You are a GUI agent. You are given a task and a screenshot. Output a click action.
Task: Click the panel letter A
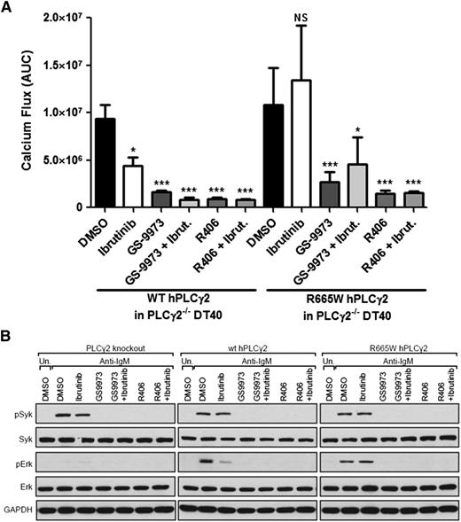8,8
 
